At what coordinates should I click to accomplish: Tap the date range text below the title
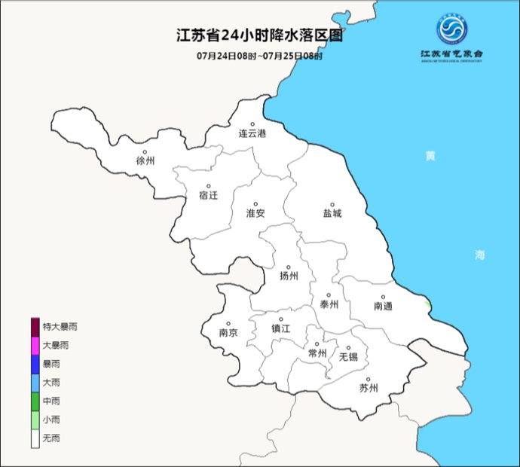pos(259,56)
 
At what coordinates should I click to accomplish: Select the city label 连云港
pos(252,134)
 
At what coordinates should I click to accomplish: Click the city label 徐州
pos(145,160)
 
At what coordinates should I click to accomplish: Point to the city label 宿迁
pos(208,195)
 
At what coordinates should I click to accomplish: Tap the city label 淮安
pos(255,213)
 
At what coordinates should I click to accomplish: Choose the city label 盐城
pos(332,213)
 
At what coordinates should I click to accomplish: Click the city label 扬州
pos(289,276)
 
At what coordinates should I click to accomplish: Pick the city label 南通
pos(383,306)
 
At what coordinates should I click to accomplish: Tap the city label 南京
pos(228,332)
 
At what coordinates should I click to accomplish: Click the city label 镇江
pos(281,328)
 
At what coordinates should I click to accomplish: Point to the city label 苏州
pos(368,389)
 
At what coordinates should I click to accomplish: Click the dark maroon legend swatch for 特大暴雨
pos(35,327)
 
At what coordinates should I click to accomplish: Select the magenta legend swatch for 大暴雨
pos(35,345)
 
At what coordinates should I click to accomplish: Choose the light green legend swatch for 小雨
pos(35,420)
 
